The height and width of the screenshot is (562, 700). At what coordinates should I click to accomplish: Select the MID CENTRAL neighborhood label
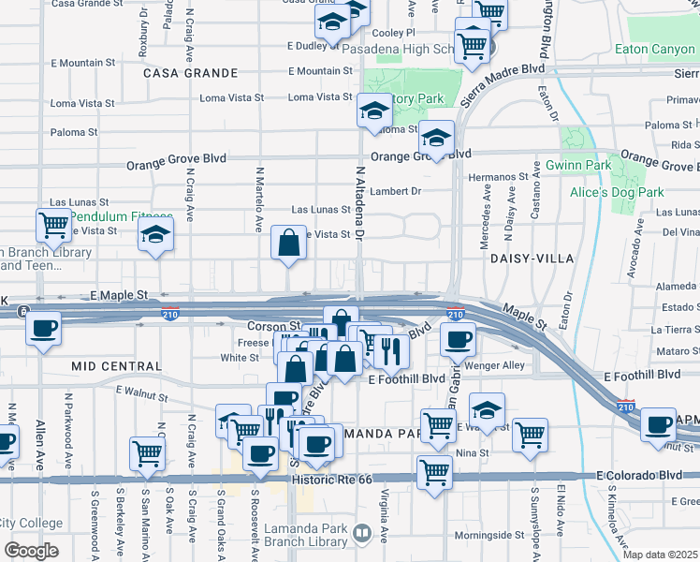coord(116,366)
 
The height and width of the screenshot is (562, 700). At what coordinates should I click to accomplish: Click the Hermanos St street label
coord(499,176)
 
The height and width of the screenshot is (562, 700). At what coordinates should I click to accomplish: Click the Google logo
coord(30,551)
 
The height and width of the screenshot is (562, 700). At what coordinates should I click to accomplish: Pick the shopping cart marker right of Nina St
coord(530,435)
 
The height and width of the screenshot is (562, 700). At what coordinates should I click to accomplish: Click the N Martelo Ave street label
coord(258,200)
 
